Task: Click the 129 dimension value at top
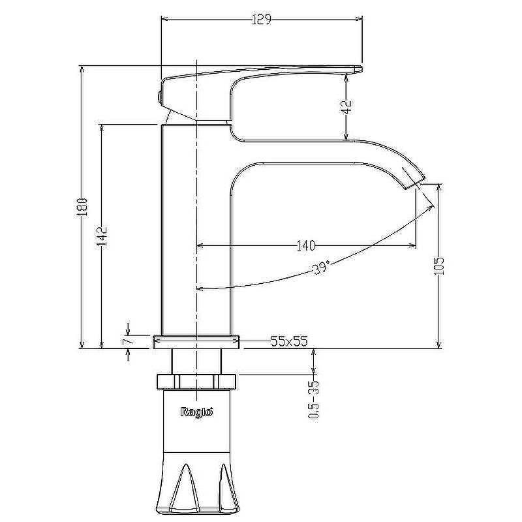pos(262,20)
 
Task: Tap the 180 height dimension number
pos(82,207)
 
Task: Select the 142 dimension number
pos(102,236)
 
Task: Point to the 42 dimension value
pos(346,106)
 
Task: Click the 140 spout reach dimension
pos(305,246)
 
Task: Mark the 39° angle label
pos(322,268)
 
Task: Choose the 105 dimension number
pos(439,266)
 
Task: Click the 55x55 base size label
pos(289,341)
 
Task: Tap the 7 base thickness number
pos(129,340)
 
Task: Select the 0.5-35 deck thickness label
pos(314,399)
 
